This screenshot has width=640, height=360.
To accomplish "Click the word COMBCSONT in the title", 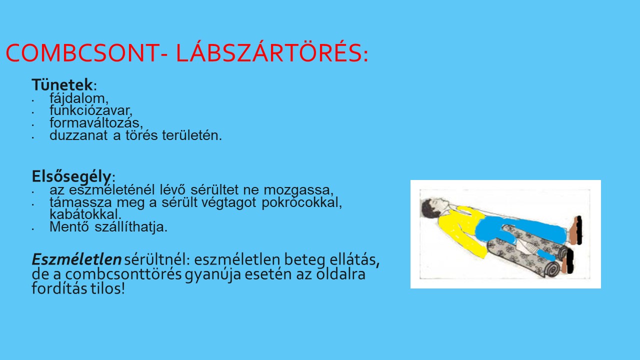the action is click(x=82, y=53).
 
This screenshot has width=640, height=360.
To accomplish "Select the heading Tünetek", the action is click(x=62, y=84).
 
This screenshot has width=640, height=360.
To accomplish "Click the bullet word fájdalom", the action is click(x=79, y=99).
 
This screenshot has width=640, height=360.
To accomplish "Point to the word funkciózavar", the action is click(x=91, y=111).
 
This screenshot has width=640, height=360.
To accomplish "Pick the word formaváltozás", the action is click(x=96, y=123).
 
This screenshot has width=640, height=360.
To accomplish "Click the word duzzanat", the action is click(x=78, y=135).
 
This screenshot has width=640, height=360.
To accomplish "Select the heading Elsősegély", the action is click(x=71, y=176).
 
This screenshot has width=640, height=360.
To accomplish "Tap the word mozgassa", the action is click(x=298, y=190).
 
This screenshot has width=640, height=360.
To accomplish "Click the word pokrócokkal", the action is click(x=301, y=202).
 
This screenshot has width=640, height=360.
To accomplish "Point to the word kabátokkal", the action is click(x=85, y=214).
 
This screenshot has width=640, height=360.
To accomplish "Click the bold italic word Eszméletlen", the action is click(x=76, y=259).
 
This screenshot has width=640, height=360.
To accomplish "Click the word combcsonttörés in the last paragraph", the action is click(x=123, y=274).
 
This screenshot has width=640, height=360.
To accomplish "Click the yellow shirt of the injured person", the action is click(x=460, y=228).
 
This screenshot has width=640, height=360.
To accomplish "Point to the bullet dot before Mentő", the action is click(x=33, y=229).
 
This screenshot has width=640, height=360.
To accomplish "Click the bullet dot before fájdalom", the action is click(x=33, y=100).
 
